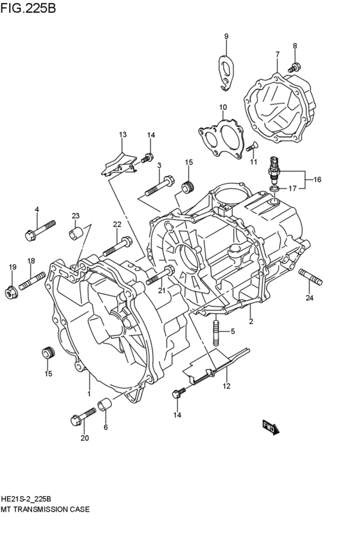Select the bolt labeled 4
point(40,229)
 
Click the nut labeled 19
point(10,292)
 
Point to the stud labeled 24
point(310,278)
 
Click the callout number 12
point(226,386)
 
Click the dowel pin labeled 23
point(77,233)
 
